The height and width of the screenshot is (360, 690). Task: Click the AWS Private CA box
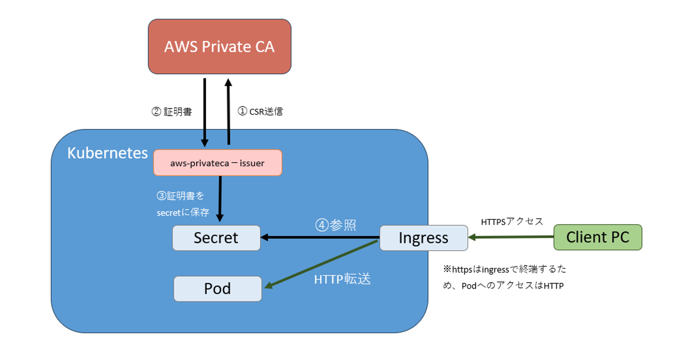point(219,46)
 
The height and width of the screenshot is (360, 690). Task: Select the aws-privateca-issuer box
point(218,163)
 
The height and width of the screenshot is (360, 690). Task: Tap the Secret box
point(216,238)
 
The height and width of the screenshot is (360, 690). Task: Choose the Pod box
point(218,289)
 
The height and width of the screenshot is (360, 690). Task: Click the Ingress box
point(424,238)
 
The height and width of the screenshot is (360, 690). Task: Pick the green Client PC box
point(598,237)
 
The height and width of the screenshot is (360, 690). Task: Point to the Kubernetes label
point(107,153)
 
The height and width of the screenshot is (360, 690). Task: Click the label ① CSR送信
point(260,112)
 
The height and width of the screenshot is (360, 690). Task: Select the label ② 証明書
point(172,112)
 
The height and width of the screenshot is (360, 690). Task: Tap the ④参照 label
point(335,225)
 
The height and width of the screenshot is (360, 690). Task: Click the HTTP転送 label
point(342,279)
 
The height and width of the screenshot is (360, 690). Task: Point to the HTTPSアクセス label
point(512,221)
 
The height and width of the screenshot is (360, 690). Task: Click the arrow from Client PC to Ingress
point(511,237)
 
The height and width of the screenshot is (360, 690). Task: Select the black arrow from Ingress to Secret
point(320,237)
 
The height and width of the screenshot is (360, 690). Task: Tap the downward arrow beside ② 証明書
point(205,112)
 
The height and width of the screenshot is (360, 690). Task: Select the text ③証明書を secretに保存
point(183,204)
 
